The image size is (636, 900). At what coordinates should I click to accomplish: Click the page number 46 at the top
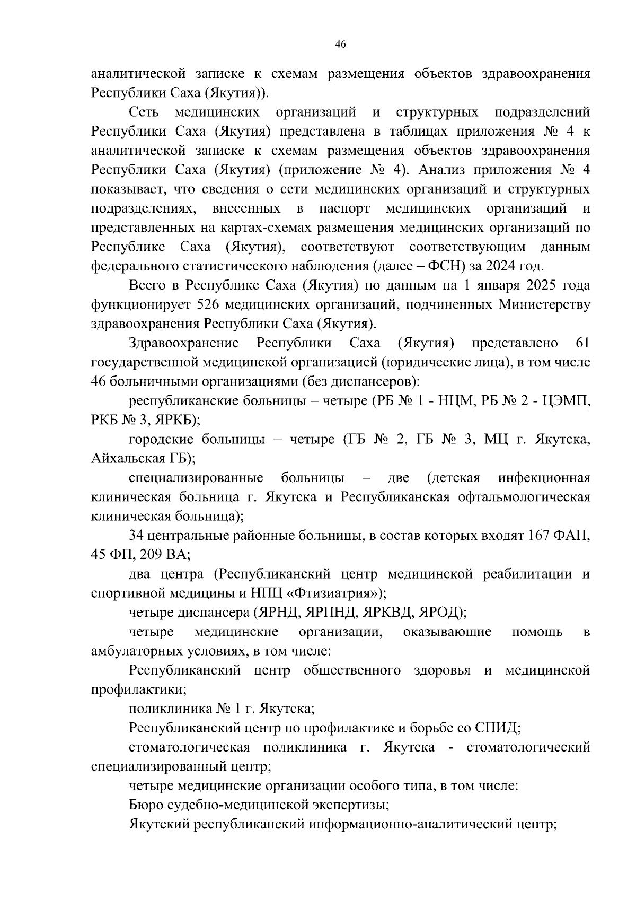coord(341,45)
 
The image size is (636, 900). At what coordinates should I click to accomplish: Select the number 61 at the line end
coord(582,343)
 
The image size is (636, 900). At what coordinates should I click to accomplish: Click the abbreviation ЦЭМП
coord(567,401)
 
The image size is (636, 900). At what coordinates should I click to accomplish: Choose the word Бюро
coord(146,805)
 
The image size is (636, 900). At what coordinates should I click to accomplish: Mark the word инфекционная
coord(544,478)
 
